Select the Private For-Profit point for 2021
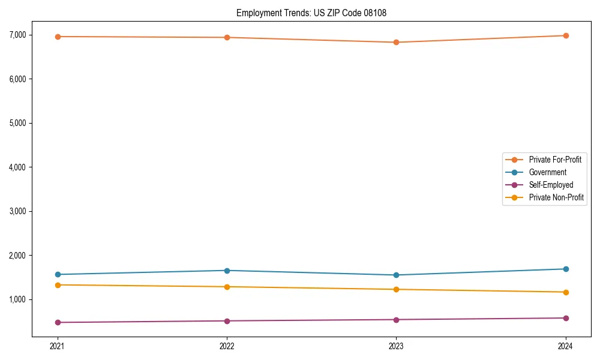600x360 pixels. point(58,37)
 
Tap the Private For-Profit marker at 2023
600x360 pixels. point(396,43)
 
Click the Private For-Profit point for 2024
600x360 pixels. point(566,35)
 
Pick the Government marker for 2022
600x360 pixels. point(227,271)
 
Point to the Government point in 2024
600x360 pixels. point(566,269)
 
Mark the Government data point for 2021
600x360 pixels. point(58,275)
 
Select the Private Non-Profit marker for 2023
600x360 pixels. point(396,290)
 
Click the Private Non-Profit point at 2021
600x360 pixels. point(58,285)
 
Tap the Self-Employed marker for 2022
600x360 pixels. point(227,321)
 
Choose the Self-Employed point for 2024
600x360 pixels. point(566,318)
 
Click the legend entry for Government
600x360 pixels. point(547,172)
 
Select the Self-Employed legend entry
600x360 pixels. point(551,185)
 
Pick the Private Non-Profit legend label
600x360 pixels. point(556,197)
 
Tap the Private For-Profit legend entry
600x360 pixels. point(555,160)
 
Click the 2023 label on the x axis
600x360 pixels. point(396,346)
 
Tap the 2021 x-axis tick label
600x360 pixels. point(58,346)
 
